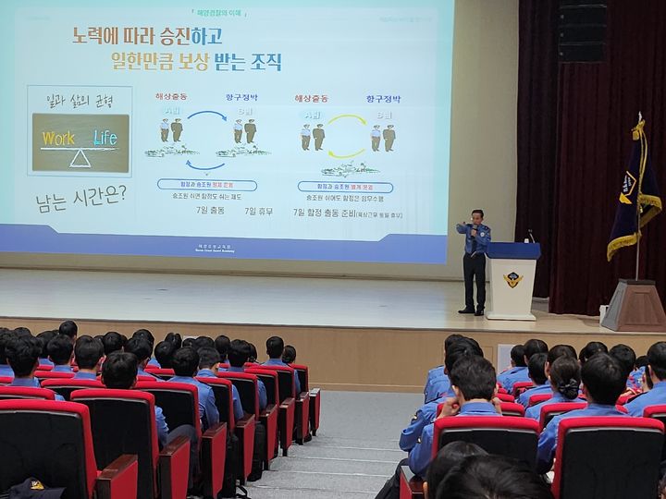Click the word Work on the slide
[x=57, y=138]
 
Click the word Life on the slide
[x=105, y=138]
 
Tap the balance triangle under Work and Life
[x=81, y=158]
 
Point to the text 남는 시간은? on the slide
[x=80, y=196]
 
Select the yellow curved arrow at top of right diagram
[x=347, y=120]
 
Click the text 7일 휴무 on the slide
[x=260, y=211]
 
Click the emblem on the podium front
[x=512, y=279]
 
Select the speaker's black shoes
[x=473, y=312]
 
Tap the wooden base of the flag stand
[x=635, y=305]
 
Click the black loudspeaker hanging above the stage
[x=582, y=32]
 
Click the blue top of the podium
[x=512, y=250]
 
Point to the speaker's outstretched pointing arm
[x=463, y=227]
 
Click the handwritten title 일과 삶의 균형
[x=80, y=100]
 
